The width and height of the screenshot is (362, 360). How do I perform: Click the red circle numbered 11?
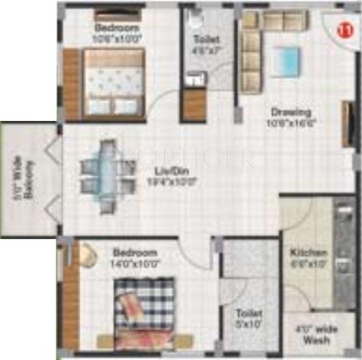pos(345,29)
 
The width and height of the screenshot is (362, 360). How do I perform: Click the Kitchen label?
pos(303,254)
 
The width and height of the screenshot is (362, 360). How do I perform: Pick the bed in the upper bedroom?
pos(114,84)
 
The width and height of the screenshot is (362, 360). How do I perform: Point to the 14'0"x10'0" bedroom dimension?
pos(135,264)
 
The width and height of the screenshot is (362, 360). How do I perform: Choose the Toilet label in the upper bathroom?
pos(206,40)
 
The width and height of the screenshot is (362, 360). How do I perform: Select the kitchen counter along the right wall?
pos(342,254)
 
